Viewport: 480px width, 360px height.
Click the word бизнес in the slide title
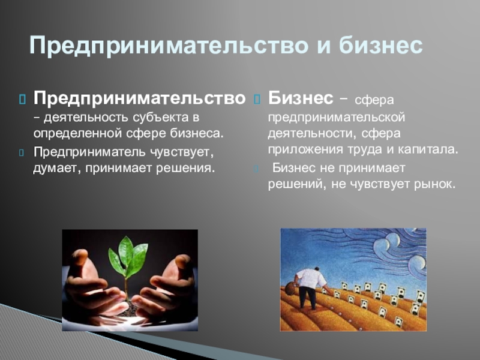(380, 46)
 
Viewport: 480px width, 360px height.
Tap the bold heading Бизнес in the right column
(301, 98)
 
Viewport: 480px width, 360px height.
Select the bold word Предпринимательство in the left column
(140, 98)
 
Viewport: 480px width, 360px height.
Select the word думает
(57, 169)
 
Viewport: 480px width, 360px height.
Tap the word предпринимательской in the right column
(337, 118)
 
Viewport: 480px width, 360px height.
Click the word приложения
(305, 150)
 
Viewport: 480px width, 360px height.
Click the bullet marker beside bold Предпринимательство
(23, 99)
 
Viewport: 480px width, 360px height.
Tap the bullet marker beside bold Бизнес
(257, 99)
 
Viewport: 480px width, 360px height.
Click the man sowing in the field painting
(310, 287)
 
